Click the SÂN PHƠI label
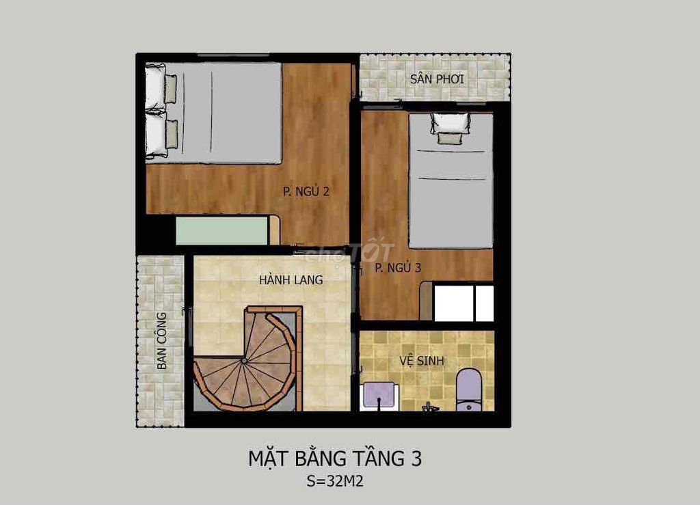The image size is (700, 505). tap(437, 79)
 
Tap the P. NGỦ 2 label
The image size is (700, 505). tap(306, 191)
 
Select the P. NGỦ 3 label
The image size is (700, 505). tap(399, 268)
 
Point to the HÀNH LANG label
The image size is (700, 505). tap(291, 279)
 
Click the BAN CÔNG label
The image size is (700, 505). tap(161, 341)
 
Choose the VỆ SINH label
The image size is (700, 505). tap(422, 360)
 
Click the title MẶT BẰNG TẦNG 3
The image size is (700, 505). tap(335, 459)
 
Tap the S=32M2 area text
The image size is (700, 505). tap(335, 481)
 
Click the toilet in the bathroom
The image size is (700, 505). tap(468, 389)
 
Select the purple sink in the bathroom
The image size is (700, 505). tap(379, 395)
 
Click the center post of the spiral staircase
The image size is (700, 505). tap(244, 360)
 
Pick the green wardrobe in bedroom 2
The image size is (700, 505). tap(222, 231)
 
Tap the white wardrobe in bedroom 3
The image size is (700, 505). tap(464, 303)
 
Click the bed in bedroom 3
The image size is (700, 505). tap(451, 180)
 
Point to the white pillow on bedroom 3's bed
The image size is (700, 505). tap(450, 123)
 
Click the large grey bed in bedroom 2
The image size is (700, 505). tap(213, 113)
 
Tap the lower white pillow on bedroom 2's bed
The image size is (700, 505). tap(156, 135)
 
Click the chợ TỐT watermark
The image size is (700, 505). tap(349, 254)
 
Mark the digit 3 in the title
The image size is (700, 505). tap(416, 459)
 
